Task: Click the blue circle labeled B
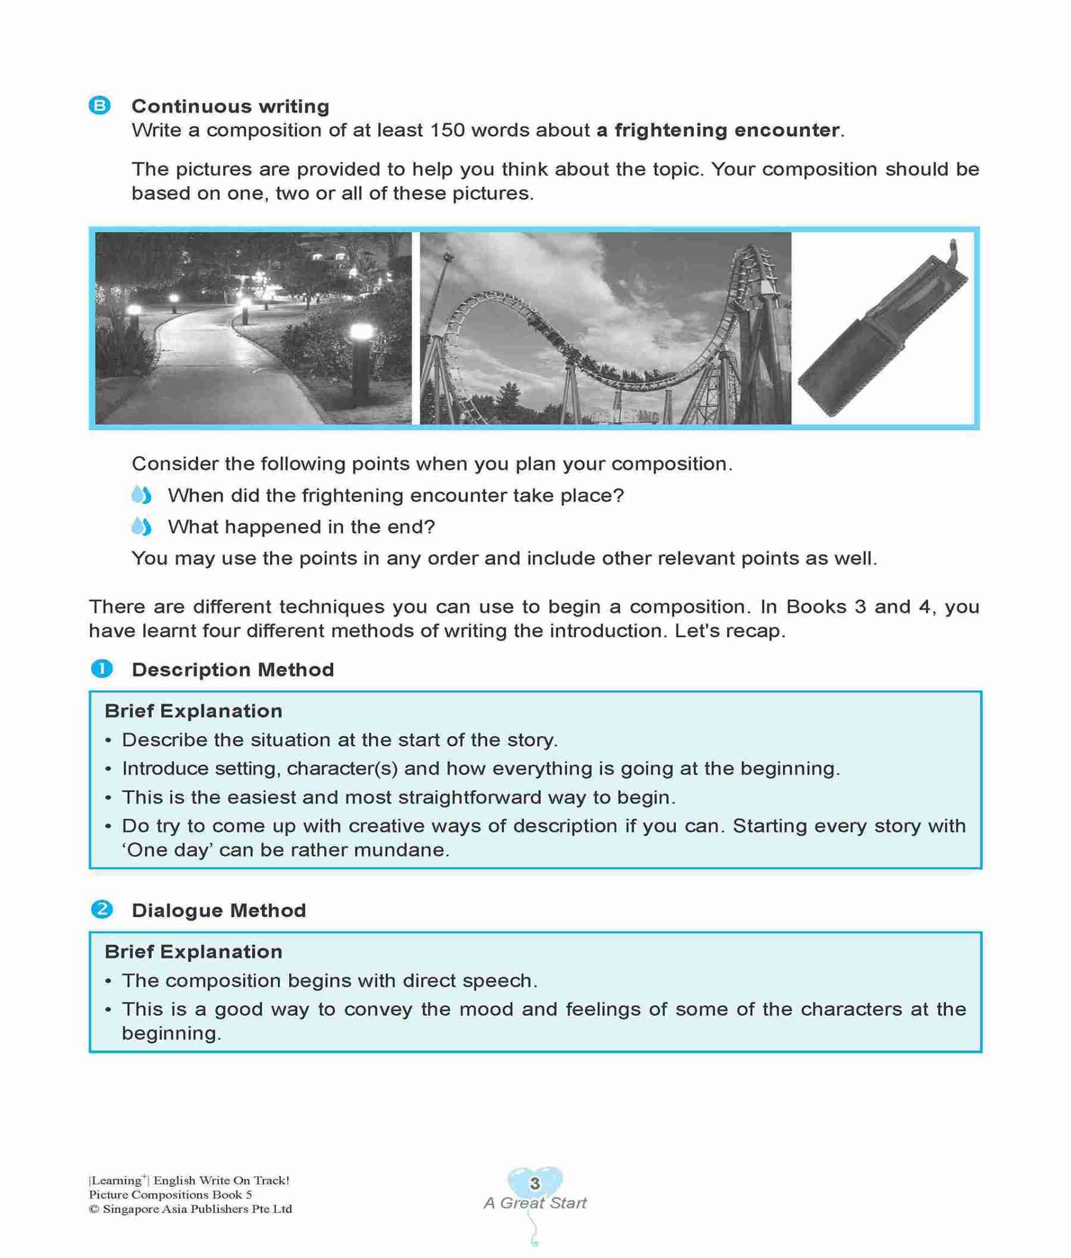pos(99,107)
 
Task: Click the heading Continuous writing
pos(230,107)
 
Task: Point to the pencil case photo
pos(884,328)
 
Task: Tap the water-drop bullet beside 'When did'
pos(141,496)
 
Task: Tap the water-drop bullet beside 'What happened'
pos(141,527)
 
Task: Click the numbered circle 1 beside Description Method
pos(101,669)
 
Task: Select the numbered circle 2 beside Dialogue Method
pos(101,909)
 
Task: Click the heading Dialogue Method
pos(218,910)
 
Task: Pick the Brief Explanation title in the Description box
pos(193,711)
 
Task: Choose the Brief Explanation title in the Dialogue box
pos(193,951)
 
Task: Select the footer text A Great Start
pos(535,1203)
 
